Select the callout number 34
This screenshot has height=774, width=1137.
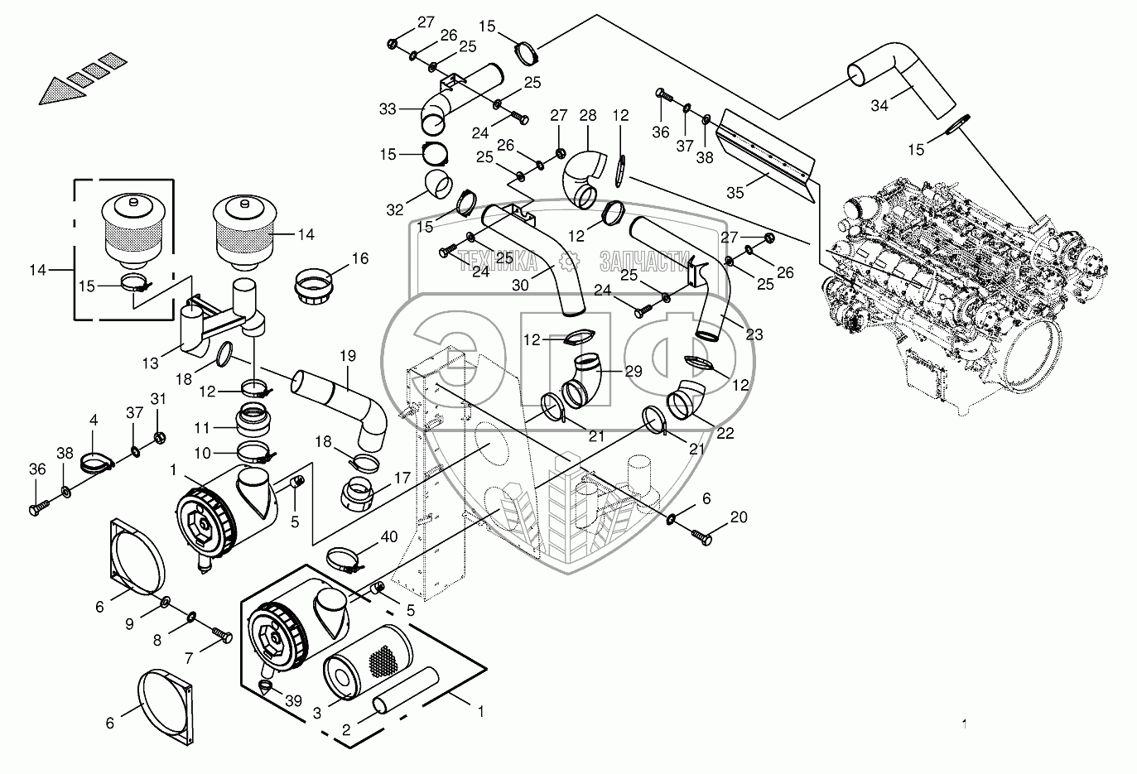880,106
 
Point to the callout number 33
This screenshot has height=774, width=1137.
388,108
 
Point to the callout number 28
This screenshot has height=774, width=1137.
588,115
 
